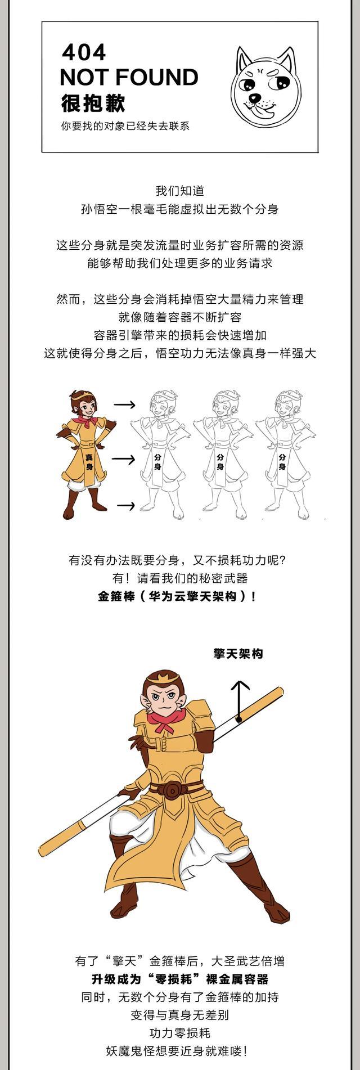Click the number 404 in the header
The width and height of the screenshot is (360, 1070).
coord(84,53)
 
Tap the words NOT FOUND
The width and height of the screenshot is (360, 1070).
coord(129,77)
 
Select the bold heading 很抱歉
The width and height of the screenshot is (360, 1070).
coord(93,104)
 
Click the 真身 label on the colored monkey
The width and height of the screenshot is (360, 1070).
coord(89,462)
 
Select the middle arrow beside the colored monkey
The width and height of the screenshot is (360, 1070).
coord(123,460)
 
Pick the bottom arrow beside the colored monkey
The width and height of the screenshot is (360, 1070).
coord(125,506)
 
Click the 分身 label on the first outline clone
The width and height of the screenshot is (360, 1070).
coord(157,462)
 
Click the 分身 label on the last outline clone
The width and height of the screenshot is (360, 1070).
coord(282,462)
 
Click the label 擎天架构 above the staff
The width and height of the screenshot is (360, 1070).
coord(238,654)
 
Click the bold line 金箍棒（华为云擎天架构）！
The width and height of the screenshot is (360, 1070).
coord(177,596)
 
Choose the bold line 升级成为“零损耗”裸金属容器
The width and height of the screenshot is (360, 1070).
coord(180,979)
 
